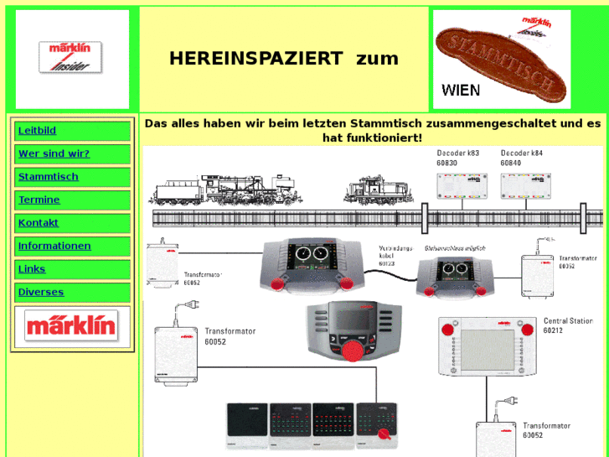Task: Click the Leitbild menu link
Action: click(37, 131)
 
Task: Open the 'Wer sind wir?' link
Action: click(54, 154)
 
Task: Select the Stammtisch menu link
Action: click(49, 177)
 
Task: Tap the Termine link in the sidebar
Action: click(39, 200)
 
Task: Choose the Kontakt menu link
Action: click(39, 223)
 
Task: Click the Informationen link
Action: click(54, 246)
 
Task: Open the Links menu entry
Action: click(32, 269)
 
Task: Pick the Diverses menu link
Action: click(40, 292)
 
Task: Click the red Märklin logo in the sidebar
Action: click(71, 325)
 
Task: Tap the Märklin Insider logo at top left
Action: click(70, 58)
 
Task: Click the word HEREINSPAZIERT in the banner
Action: click(256, 59)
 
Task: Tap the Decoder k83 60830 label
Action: click(458, 158)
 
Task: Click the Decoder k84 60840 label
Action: click(522, 158)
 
